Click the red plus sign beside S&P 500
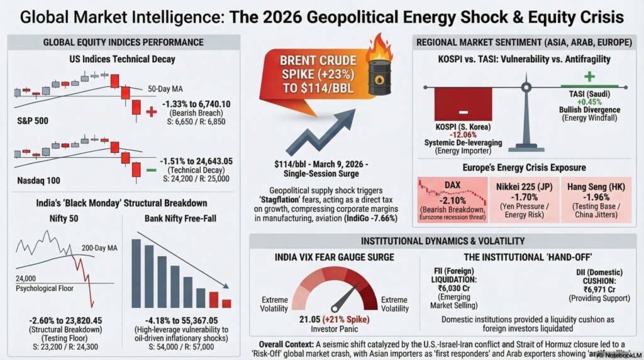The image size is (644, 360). [152, 111]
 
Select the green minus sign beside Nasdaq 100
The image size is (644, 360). [151, 170]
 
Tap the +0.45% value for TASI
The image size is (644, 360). [589, 101]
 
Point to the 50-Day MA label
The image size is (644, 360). [165, 89]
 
